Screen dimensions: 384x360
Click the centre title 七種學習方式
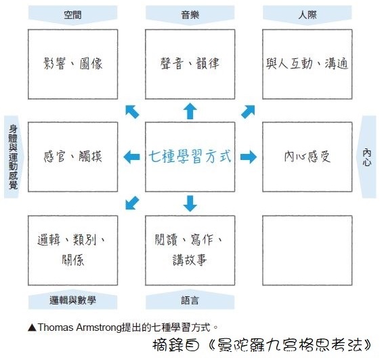point(190,156)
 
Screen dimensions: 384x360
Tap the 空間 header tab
point(72,15)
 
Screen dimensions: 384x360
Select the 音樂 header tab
point(190,15)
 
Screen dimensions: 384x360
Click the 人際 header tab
point(307,15)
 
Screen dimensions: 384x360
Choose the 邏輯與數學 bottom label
point(72,300)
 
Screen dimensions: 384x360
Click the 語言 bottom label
point(190,300)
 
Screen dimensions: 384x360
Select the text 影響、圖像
point(72,64)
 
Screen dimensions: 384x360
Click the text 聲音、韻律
point(190,64)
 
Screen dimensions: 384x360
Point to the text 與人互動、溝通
point(307,64)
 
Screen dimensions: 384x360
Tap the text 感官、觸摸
point(72,156)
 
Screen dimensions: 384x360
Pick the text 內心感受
point(307,156)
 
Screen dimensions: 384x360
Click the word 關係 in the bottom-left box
point(72,260)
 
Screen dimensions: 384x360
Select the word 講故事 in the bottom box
point(190,260)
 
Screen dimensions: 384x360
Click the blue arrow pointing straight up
point(190,111)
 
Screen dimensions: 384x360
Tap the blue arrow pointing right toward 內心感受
point(249,157)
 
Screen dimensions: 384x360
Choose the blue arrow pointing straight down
point(190,203)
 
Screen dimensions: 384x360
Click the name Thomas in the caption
point(56,327)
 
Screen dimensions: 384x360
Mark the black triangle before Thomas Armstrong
point(32,328)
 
